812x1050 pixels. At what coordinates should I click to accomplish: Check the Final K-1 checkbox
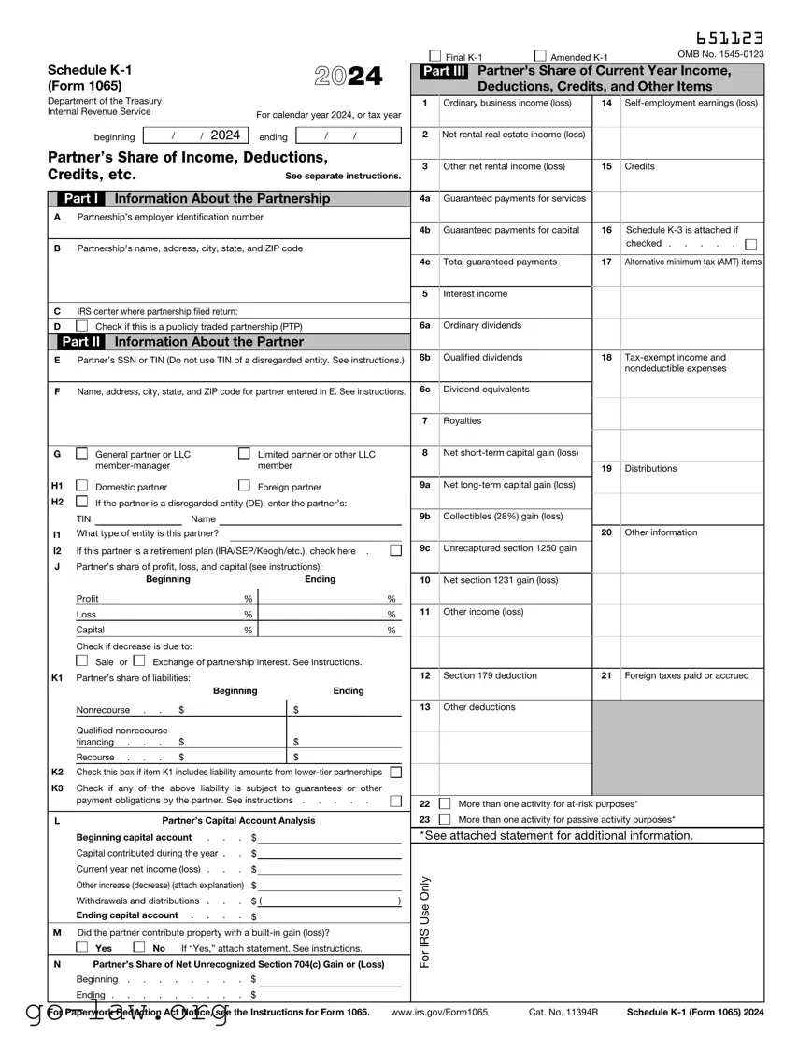[x=434, y=55]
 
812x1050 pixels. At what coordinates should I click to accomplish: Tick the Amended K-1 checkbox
[x=540, y=55]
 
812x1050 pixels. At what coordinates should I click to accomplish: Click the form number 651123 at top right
[x=729, y=37]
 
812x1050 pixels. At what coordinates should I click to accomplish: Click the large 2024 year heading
[x=349, y=78]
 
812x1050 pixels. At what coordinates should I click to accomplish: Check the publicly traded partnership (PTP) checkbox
[x=82, y=326]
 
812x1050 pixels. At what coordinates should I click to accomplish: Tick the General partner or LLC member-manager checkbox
[x=82, y=454]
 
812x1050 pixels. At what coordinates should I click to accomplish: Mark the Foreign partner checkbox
[x=244, y=486]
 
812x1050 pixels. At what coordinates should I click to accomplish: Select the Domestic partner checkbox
[x=82, y=486]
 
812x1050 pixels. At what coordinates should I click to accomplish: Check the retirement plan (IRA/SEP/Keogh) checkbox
[x=395, y=550]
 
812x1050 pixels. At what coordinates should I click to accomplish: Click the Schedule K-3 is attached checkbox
[x=751, y=245]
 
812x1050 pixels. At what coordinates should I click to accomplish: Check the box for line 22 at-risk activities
[x=445, y=803]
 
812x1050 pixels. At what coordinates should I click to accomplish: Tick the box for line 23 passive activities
[x=445, y=819]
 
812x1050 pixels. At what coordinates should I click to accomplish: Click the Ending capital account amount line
[x=331, y=915]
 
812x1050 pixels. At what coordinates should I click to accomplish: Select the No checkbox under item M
[x=140, y=947]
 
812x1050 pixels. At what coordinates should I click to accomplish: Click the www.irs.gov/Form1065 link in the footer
[x=439, y=1012]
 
